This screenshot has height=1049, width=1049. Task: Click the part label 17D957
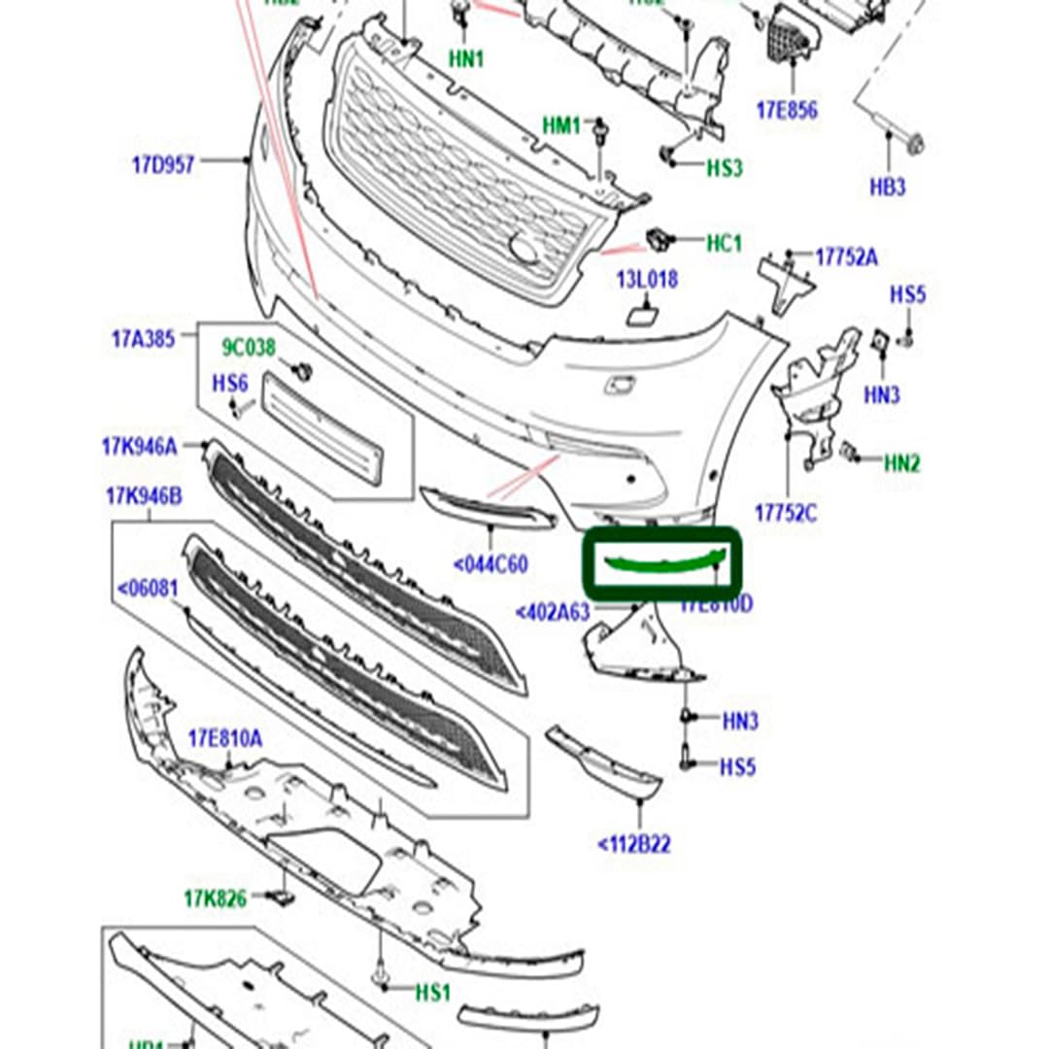click(x=162, y=164)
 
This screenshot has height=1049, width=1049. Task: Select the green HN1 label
click(x=466, y=58)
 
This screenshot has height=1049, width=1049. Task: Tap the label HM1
click(x=560, y=125)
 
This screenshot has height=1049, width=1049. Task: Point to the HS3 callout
click(x=724, y=167)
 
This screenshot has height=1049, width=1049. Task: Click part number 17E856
click(x=787, y=110)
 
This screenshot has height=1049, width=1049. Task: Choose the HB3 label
click(x=887, y=186)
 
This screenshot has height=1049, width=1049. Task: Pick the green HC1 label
click(x=723, y=242)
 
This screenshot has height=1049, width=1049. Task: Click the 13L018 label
click(x=646, y=280)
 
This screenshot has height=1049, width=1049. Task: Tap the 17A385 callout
click(x=143, y=339)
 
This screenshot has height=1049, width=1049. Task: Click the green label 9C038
click(x=249, y=347)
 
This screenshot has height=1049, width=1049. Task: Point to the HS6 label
click(x=230, y=384)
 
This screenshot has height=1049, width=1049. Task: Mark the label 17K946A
click(x=139, y=447)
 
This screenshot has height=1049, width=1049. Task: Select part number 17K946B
click(x=144, y=496)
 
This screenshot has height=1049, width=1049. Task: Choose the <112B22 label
click(x=633, y=844)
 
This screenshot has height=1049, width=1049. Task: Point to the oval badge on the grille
click(x=524, y=249)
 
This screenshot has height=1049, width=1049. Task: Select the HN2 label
click(x=901, y=463)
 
